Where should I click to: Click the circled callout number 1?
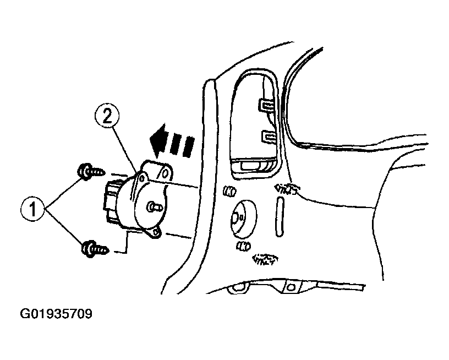pyautogui.click(x=32, y=209)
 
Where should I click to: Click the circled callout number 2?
pyautogui.click(x=107, y=116)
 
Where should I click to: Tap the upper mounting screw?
pyautogui.click(x=91, y=172)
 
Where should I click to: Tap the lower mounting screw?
pyautogui.click(x=95, y=249)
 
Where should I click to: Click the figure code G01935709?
pyautogui.click(x=56, y=314)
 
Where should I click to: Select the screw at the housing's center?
pyautogui.click(x=155, y=206)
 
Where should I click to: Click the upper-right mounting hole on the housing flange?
pyautogui.click(x=165, y=173)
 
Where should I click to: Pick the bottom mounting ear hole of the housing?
pyautogui.click(x=156, y=232)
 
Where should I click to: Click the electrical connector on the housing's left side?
pyautogui.click(x=109, y=201)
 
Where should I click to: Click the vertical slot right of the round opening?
pyautogui.click(x=280, y=217)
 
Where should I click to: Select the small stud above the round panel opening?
pyautogui.click(x=229, y=191)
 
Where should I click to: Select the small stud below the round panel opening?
pyautogui.click(x=243, y=246)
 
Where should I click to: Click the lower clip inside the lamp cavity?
pyautogui.click(x=269, y=137)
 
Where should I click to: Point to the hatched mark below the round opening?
pyautogui.click(x=265, y=259)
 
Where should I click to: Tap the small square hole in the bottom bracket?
pyautogui.click(x=291, y=287)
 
